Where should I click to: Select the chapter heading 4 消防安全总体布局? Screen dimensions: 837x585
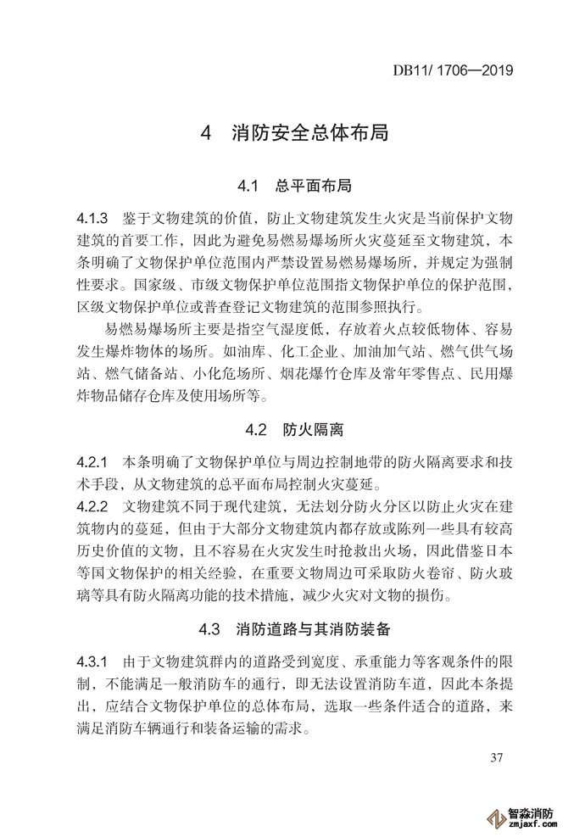pyautogui.click(x=292, y=134)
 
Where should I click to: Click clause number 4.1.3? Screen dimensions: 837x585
pyautogui.click(x=93, y=214)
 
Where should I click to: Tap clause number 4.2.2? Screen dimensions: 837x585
pyautogui.click(x=93, y=507)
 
